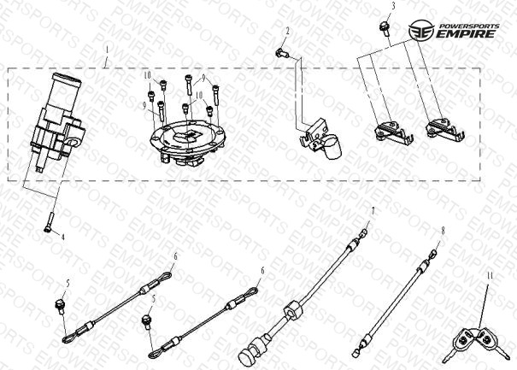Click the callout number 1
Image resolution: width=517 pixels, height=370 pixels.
point(107,50)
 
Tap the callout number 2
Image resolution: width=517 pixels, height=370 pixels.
point(287,32)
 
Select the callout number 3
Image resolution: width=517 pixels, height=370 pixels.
point(393,6)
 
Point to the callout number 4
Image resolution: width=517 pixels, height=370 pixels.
point(62,237)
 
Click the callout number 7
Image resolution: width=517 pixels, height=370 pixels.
point(373,211)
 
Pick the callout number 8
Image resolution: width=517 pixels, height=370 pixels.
point(443,231)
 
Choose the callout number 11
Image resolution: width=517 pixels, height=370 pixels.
point(490,275)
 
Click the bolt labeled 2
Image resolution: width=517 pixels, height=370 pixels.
point(282,53)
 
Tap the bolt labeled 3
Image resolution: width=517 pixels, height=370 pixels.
point(385,28)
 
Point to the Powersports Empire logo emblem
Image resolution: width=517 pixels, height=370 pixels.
point(421,31)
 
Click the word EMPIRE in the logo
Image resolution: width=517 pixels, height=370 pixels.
point(467,33)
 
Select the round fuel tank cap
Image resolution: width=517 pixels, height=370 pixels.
point(187,143)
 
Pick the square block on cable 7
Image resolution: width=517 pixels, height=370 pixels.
point(292,310)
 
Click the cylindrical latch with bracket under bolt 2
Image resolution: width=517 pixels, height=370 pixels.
point(320,140)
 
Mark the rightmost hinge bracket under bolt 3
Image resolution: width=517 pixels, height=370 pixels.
point(444,130)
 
